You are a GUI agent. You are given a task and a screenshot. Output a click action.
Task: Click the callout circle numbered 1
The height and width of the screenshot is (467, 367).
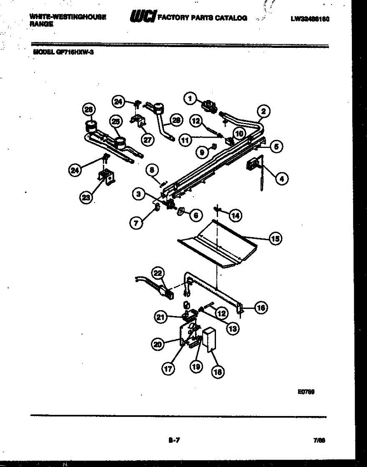[190, 99]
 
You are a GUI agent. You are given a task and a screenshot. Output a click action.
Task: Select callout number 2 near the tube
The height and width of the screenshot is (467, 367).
[263, 111]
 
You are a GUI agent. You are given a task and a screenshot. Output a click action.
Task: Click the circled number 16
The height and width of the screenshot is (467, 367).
[260, 308]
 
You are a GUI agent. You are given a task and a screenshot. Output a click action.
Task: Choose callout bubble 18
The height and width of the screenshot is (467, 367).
[217, 372]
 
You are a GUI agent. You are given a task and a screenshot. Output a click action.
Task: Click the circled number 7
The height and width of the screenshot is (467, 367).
[136, 223]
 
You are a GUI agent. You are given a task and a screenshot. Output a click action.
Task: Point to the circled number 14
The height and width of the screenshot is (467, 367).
[235, 215]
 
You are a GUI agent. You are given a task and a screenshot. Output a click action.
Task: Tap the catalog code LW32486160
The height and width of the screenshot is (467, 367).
[310, 18]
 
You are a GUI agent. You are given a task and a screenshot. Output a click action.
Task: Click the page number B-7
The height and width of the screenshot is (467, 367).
[174, 441]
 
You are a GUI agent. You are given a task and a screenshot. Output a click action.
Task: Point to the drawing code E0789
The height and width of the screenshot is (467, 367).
[306, 393]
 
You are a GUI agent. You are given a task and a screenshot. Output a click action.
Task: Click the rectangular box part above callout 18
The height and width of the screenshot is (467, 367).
[210, 339]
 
